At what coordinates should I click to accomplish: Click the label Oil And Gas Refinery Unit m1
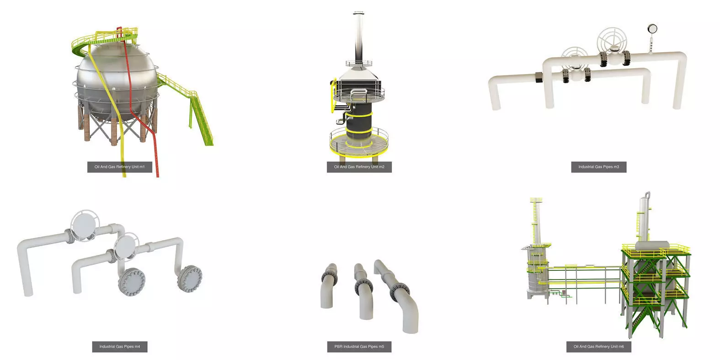(119, 167)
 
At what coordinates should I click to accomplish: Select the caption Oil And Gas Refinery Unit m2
(359, 167)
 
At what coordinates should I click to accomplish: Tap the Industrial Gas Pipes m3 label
(598, 167)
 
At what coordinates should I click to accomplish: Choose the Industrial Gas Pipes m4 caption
(119, 347)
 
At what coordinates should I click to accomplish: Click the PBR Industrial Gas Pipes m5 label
(359, 347)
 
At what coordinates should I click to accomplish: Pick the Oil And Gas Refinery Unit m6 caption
(598, 347)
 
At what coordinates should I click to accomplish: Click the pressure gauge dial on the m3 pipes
(651, 29)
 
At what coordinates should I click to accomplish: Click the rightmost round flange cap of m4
(190, 277)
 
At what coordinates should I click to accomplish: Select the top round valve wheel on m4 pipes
(83, 226)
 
